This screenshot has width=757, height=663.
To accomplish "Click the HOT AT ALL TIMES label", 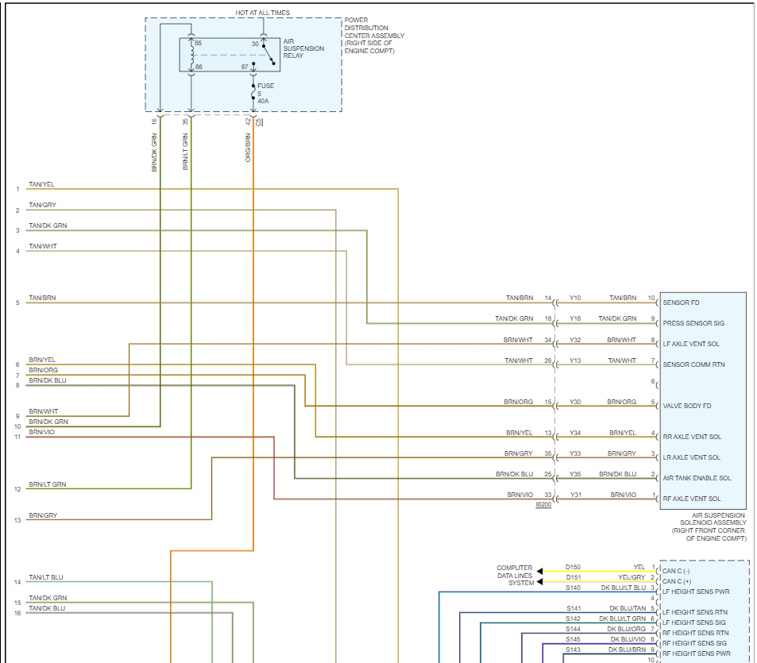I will [263, 13].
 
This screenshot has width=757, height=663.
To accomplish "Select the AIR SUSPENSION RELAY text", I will [303, 48].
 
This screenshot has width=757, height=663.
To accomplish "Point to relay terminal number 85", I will [198, 43].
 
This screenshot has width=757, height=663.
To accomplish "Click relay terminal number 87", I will [245, 67].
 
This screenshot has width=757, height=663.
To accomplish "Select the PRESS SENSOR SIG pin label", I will [693, 323].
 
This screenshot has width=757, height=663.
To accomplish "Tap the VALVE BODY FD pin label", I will [686, 406].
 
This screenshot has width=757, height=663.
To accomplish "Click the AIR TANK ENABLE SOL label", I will [697, 478].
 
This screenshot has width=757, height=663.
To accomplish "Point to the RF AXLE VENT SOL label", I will [692, 499].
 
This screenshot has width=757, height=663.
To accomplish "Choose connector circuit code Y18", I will [575, 318].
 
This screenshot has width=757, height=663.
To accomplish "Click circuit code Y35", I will [575, 474].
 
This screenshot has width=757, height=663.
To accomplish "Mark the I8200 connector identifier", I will [543, 504].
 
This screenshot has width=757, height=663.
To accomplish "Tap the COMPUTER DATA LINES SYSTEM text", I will [516, 576].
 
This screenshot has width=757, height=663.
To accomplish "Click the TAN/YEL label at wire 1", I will [41, 185].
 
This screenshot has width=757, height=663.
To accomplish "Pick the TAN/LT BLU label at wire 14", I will [46, 577].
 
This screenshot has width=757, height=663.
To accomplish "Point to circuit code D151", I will [573, 577].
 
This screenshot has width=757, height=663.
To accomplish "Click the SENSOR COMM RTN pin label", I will [695, 364].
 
